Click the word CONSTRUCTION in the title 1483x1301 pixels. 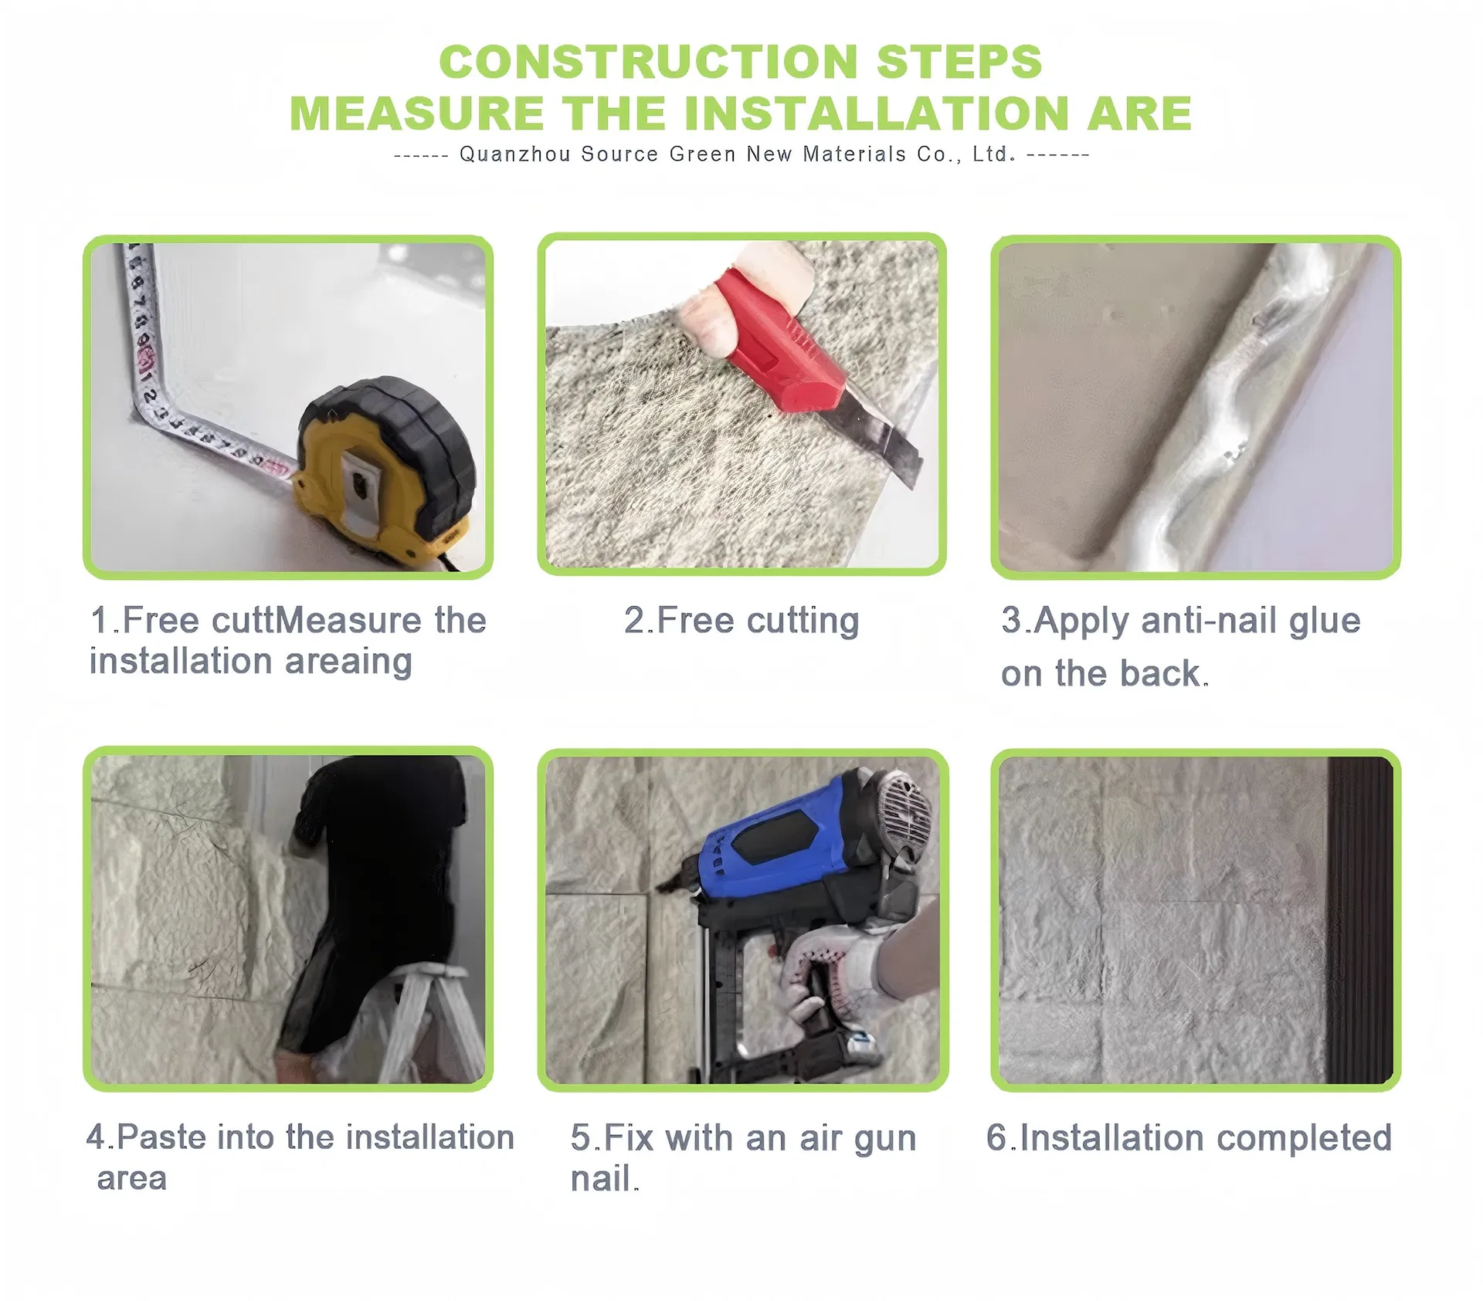pyautogui.click(x=649, y=62)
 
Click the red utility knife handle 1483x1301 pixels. pyautogui.click(x=780, y=340)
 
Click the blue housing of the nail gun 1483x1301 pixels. pyautogui.click(x=780, y=838)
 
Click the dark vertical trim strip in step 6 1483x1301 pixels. pyautogui.click(x=1359, y=919)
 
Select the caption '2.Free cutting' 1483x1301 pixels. pyautogui.click(x=741, y=622)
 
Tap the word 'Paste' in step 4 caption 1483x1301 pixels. pyautogui.click(x=162, y=1137)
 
